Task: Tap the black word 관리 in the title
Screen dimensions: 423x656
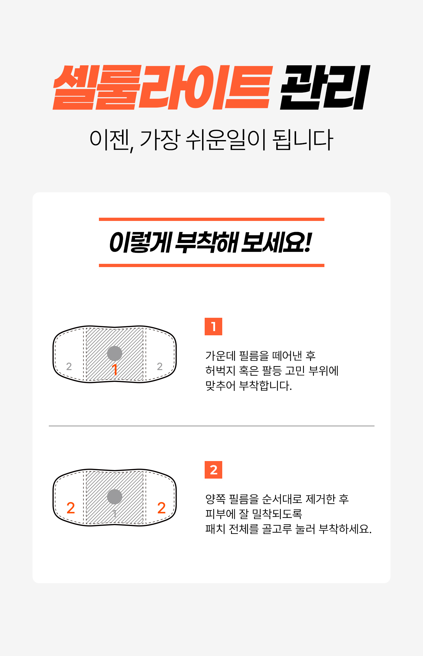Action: point(325,87)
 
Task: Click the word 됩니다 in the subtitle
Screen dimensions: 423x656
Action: point(303,140)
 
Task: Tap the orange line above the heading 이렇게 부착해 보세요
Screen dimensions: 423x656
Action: point(211,219)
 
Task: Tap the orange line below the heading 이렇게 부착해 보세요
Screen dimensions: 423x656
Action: point(211,265)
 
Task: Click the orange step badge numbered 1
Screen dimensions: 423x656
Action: point(213,327)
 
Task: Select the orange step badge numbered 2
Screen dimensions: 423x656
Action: point(213,470)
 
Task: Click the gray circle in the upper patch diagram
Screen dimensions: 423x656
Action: point(115,354)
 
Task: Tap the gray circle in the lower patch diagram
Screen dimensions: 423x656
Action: point(115,497)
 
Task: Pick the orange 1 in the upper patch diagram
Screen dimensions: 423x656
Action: point(115,370)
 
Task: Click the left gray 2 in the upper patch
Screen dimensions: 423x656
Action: point(69,367)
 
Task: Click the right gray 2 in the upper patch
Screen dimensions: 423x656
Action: point(159,367)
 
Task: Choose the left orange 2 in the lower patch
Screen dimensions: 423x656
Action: point(71,508)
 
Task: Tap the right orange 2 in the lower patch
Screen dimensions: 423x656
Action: point(161,508)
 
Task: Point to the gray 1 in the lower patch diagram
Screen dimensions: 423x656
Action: point(115,514)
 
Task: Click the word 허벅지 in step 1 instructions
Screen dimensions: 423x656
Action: point(220,371)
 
